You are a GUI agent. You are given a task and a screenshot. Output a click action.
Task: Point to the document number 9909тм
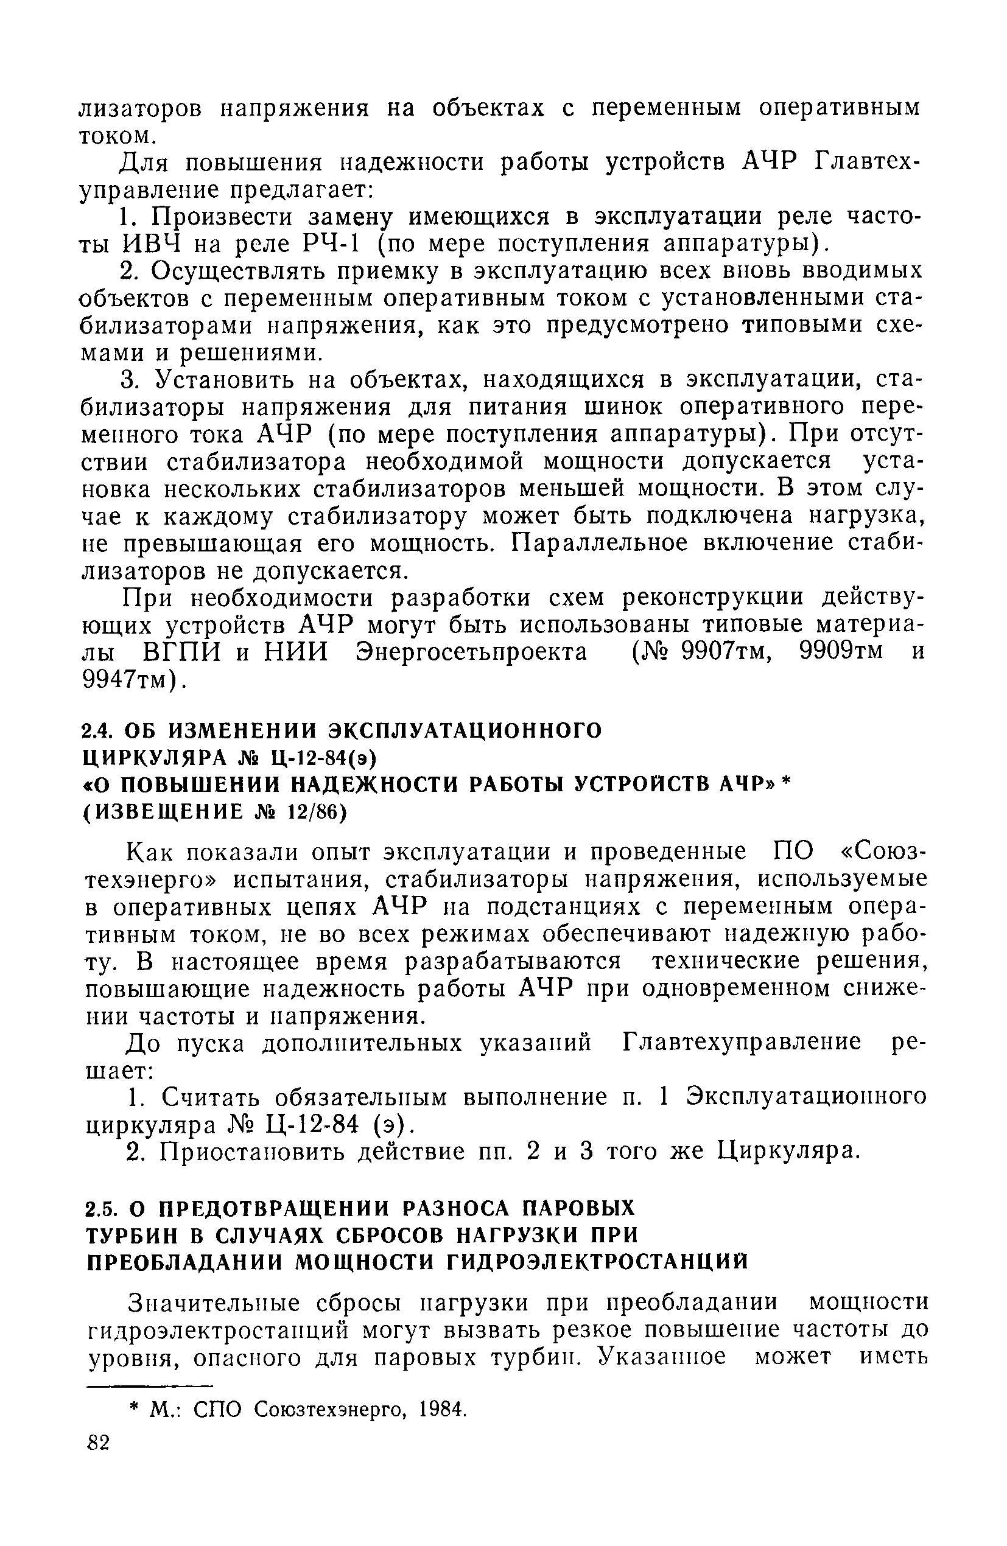tap(841, 651)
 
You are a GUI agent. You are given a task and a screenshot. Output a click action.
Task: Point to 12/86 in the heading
tap(318, 813)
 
